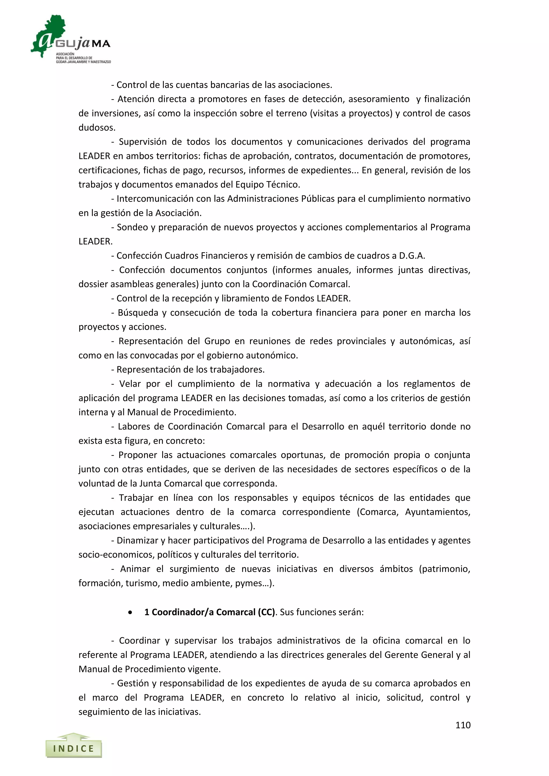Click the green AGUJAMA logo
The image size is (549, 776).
coord(70,39)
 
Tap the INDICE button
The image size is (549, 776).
coord(74,749)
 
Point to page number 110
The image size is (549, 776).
coord(463,725)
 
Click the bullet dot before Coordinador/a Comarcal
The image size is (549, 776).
coord(130,613)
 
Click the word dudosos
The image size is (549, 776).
coord(97,128)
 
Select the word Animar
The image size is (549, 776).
coord(135,569)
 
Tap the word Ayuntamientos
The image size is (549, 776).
coord(437,512)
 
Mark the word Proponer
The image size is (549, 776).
coord(138,455)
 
